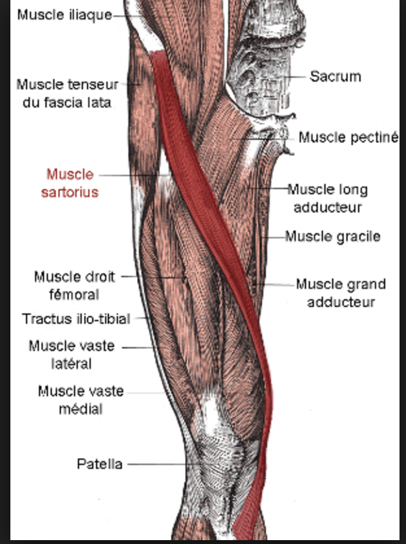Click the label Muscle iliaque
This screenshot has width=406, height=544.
(x=64, y=14)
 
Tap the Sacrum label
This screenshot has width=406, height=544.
(x=335, y=76)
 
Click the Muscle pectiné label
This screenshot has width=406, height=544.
(x=348, y=137)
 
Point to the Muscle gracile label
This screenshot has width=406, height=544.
(x=333, y=236)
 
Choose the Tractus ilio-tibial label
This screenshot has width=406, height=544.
(x=76, y=319)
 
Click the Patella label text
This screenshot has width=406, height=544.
(x=99, y=464)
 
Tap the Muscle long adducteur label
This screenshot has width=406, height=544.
(x=328, y=198)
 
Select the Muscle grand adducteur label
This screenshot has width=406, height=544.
(x=340, y=293)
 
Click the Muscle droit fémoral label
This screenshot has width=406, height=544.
(x=75, y=286)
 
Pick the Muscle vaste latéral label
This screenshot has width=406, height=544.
(x=71, y=355)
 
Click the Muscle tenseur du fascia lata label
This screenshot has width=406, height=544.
(x=67, y=93)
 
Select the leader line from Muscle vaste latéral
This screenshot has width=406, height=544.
(x=136, y=347)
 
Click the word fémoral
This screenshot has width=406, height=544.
(x=75, y=295)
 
